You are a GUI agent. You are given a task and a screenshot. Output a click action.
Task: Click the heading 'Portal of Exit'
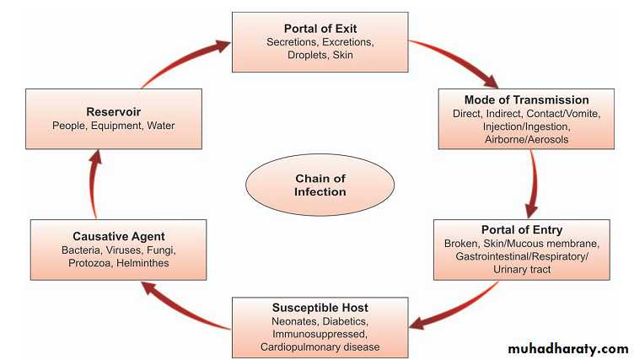point(320,27)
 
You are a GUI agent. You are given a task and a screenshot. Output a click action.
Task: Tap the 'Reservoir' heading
point(113,111)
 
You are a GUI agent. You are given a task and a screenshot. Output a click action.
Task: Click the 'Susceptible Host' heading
point(320,308)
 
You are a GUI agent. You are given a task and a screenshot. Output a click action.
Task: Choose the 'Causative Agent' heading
point(118,237)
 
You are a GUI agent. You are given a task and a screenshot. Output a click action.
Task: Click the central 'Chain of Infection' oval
point(320,185)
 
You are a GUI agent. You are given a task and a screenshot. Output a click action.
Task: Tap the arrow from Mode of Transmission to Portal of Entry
point(533,185)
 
